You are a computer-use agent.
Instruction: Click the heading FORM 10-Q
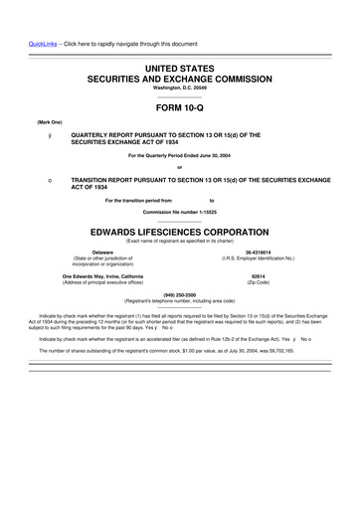[x=179, y=105]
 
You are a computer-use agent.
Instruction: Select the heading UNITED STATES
[x=179, y=65]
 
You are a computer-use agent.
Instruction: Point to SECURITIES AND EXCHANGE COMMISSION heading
[x=179, y=76]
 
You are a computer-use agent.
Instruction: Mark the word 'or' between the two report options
[x=179, y=165]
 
